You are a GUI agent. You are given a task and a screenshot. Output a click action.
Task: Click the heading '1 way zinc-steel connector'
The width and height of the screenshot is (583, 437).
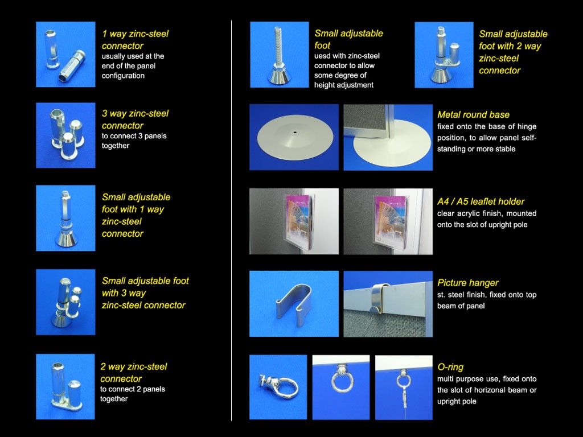pos(135,40)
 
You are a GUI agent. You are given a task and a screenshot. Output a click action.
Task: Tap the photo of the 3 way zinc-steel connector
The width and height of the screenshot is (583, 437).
pos(65,135)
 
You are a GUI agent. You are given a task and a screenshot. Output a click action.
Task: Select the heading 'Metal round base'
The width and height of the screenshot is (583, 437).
pos(473,114)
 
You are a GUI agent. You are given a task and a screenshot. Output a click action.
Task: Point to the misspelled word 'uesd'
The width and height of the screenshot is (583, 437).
pos(322,56)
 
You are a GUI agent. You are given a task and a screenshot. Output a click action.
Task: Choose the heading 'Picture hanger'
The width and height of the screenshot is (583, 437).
pos(468,283)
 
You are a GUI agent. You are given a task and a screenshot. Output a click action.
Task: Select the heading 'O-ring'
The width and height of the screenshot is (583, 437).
pos(450,367)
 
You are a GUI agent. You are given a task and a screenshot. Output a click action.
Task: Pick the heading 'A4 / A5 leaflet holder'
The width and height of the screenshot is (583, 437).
pos(481,201)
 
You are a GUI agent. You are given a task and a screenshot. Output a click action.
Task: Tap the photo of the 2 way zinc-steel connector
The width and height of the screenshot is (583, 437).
pos(65,386)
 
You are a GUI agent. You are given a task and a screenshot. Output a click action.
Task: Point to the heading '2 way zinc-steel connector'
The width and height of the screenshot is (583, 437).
pos(133,373)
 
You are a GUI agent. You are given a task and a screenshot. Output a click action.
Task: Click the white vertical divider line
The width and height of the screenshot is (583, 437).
pos(231,220)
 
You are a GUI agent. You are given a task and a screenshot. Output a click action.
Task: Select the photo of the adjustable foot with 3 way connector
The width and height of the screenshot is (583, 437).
pos(65,302)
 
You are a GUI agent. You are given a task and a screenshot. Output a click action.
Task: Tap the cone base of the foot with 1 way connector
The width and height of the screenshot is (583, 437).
pos(65,238)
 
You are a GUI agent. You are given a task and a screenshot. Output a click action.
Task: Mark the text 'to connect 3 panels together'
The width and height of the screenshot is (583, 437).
pos(134,141)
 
